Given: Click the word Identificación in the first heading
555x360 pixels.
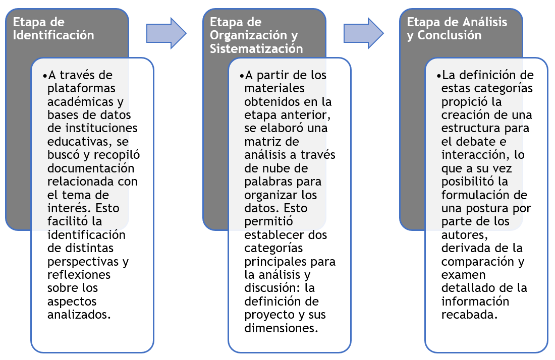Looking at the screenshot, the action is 53,35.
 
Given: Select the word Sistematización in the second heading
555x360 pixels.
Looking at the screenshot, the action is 256,48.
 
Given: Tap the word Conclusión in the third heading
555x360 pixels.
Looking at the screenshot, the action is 450,35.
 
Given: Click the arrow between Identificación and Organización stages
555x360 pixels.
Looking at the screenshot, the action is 166,33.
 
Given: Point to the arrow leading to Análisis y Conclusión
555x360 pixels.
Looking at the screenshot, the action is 363,33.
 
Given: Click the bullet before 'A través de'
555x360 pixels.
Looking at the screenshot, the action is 44,76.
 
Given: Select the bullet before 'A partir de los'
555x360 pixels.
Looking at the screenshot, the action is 242,76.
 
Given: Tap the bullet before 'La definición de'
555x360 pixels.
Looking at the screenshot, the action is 438,76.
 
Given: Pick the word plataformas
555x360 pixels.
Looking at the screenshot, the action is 81,88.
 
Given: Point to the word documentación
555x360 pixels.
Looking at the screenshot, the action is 91,168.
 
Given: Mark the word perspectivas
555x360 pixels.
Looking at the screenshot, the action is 83,262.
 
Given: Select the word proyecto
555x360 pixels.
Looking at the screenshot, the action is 274,315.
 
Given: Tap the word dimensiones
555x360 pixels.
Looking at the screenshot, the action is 281,328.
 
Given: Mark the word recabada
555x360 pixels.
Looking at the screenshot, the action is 469,315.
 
